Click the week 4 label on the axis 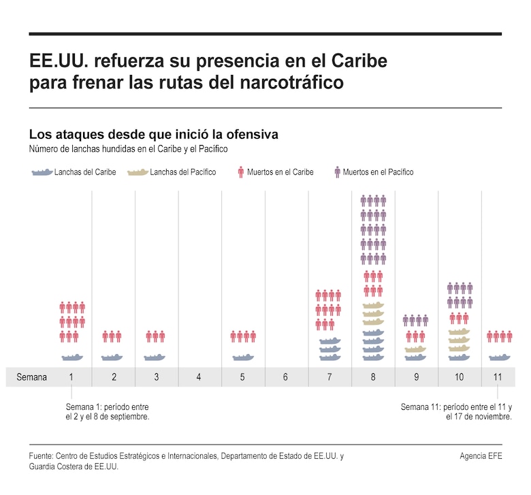click(199, 377)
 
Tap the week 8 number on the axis click(373, 377)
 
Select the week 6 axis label click(286, 377)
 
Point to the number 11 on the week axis click(498, 377)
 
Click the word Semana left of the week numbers click(32, 377)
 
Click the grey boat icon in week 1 click(72, 357)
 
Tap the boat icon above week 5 click(243, 357)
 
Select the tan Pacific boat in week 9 click(416, 349)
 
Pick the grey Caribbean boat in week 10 click(459, 357)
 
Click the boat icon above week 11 click(499, 357)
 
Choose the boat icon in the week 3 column click(155, 357)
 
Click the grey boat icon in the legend click(42, 172)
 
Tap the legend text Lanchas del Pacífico click(182, 172)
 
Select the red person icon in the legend click(240, 172)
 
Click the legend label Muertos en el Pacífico click(378, 172)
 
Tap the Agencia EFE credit click(481, 456)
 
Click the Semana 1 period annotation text click(108, 412)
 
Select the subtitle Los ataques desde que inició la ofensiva click(153, 134)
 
